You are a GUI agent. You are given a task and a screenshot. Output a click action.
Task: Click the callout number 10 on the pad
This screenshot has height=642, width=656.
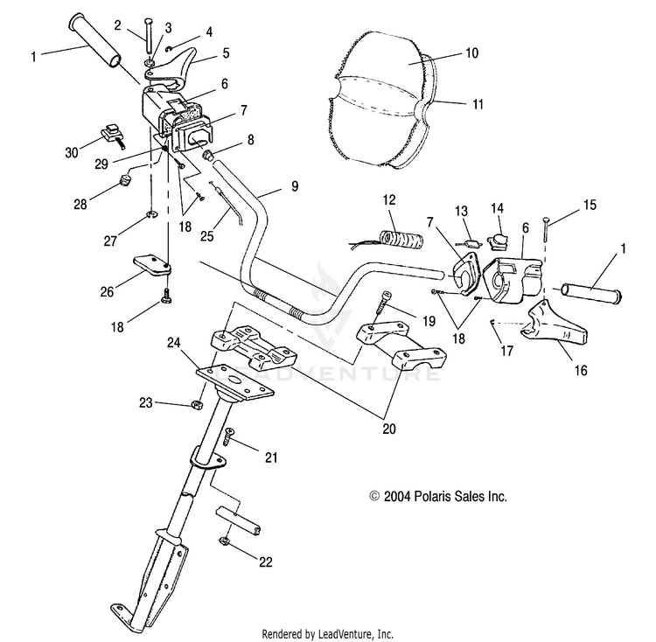(471, 53)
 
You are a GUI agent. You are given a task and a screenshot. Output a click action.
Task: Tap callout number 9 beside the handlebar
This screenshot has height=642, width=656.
(295, 186)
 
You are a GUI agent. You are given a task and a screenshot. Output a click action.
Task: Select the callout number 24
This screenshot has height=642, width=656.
(174, 343)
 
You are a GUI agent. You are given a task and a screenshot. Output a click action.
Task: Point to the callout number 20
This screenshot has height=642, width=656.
(389, 429)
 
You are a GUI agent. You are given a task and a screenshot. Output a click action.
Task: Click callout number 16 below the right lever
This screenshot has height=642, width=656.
(581, 370)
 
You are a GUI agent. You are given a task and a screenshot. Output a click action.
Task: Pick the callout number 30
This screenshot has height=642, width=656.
(72, 153)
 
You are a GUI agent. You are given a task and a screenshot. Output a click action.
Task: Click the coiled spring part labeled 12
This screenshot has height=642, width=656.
(401, 239)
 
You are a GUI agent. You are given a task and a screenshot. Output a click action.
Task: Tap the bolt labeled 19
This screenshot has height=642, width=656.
(385, 302)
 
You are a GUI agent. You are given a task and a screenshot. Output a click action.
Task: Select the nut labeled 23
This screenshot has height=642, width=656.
(197, 404)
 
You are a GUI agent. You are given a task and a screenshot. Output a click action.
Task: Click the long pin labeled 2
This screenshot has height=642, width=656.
(149, 36)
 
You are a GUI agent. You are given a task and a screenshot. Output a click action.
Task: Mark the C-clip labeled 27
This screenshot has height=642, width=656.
(152, 215)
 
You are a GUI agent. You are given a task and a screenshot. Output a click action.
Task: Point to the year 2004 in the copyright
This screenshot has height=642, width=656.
(397, 497)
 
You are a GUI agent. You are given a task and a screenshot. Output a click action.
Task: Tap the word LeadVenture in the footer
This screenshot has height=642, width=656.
(343, 633)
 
